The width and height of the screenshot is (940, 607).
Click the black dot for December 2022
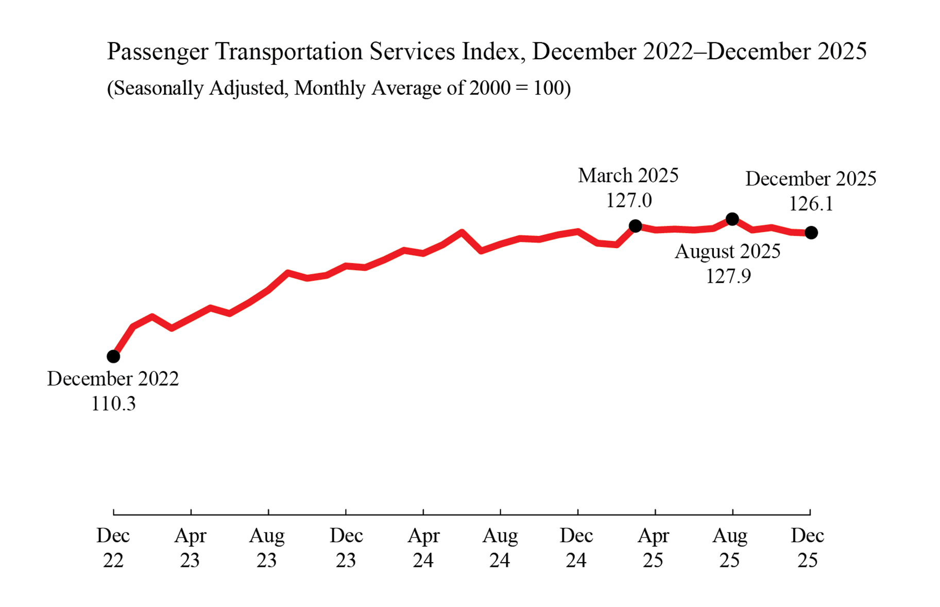coord(113,356)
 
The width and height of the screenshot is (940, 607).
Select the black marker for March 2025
coord(635,226)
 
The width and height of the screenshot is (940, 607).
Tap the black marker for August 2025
coord(732,219)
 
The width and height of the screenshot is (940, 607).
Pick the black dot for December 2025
coord(811,233)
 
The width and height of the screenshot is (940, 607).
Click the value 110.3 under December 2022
coord(113,404)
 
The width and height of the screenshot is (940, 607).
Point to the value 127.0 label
coord(628,200)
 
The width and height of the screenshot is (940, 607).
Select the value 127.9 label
coord(728,276)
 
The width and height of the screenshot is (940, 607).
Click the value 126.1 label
coord(811,204)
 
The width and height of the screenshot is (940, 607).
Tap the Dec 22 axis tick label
coord(113,548)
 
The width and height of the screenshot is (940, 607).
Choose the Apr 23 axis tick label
coord(190,548)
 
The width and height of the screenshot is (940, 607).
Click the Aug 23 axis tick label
coord(267,548)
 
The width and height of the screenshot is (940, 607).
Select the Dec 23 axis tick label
coord(346,548)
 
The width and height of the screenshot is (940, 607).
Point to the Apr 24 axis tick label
coord(423,548)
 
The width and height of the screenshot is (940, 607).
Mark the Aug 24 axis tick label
coord(500,548)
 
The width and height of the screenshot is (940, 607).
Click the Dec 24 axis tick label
coord(576,548)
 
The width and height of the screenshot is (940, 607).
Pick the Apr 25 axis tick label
coord(653,548)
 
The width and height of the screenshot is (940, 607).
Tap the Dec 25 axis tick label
coord(807,548)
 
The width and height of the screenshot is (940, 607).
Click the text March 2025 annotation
coord(628,176)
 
